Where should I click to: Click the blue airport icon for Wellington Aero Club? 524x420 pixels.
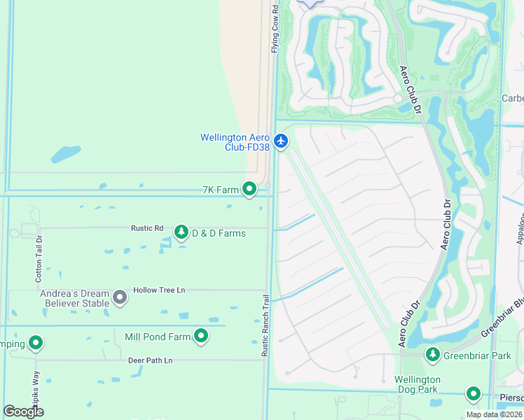[x=281, y=141]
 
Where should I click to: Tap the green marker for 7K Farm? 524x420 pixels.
[x=249, y=189]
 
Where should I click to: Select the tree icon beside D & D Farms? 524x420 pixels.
[x=181, y=232]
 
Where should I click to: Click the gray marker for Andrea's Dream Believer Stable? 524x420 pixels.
[x=120, y=297]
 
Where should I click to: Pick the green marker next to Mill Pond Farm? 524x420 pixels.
[x=201, y=337]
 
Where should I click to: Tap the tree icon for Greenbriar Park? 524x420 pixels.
[x=434, y=355]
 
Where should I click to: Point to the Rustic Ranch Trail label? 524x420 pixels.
[x=266, y=325]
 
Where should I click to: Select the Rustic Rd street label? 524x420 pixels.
[x=147, y=228]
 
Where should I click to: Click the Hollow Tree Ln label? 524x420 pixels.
[x=159, y=290]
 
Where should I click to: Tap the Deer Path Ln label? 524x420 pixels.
[x=150, y=360]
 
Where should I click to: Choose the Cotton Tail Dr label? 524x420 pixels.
[x=39, y=258]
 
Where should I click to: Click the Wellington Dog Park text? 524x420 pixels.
[x=417, y=384]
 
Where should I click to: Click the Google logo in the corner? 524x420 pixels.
[x=24, y=412]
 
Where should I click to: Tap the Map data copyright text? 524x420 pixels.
[x=493, y=414]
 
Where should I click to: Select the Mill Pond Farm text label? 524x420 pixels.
[x=158, y=337]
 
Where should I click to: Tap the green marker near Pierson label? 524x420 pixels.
[x=474, y=394]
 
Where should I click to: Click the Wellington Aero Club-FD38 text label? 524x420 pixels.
[x=235, y=142]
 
